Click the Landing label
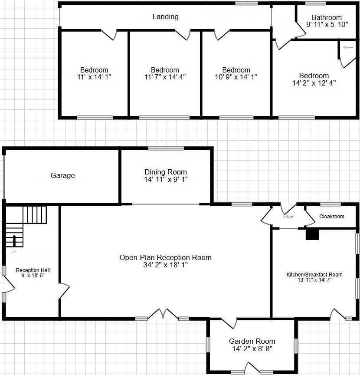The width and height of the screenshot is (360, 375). pyautogui.click(x=165, y=17)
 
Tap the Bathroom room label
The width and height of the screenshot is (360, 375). pyautogui.click(x=327, y=18)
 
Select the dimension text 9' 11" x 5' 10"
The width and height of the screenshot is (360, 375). pyautogui.click(x=327, y=25)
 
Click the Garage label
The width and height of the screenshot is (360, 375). pyautogui.click(x=63, y=176)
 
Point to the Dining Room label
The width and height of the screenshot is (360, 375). pyautogui.click(x=166, y=172)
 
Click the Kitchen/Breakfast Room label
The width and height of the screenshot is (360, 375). pyautogui.click(x=314, y=274)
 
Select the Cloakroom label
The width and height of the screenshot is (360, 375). pyautogui.click(x=332, y=217)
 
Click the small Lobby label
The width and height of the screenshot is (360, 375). pyautogui.click(x=288, y=216)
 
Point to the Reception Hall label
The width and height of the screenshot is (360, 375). pyautogui.click(x=30, y=270)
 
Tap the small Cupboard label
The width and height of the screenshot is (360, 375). pyautogui.click(x=348, y=47)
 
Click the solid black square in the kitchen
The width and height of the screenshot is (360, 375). pyautogui.click(x=312, y=234)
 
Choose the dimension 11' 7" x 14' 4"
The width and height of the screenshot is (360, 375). pyautogui.click(x=165, y=77)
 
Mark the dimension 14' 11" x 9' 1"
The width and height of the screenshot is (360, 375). pyautogui.click(x=166, y=179)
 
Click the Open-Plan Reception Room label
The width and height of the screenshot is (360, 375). pyautogui.click(x=166, y=257)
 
